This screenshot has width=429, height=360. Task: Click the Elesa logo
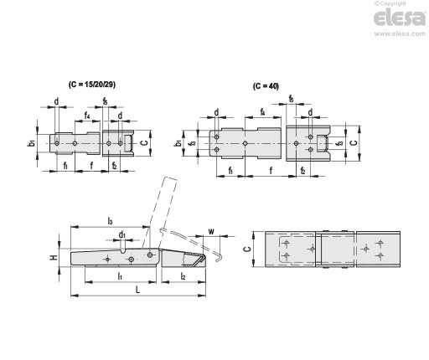[x=400, y=18]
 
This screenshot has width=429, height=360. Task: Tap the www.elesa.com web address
[x=400, y=33]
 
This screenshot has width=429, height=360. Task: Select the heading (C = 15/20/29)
[x=92, y=85]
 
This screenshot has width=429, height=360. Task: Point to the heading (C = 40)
[x=266, y=86]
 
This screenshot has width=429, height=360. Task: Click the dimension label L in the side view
[x=137, y=290]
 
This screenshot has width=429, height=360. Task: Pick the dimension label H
[x=54, y=257]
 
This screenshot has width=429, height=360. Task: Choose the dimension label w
[x=211, y=231]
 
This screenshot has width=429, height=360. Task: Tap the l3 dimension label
[x=110, y=221]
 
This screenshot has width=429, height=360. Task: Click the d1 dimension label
[x=122, y=235]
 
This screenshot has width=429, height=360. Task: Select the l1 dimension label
[x=120, y=276]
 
